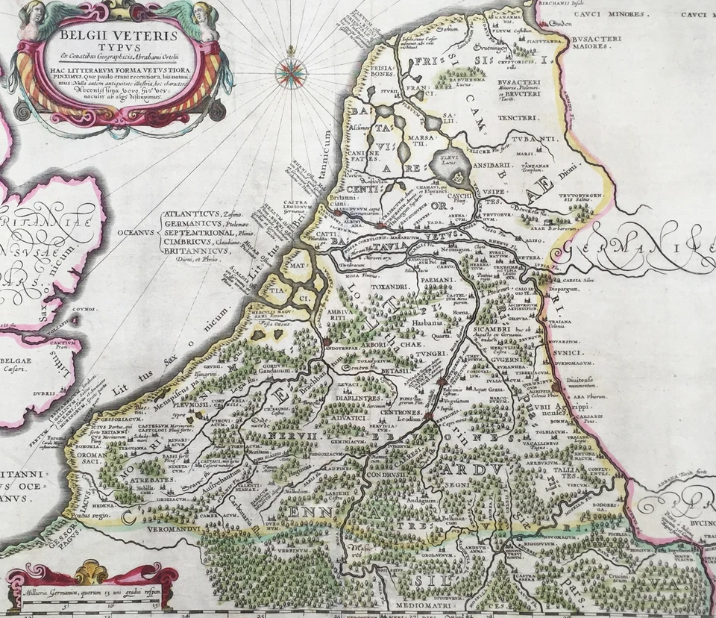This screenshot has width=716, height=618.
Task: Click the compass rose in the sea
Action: pos(291,72)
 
